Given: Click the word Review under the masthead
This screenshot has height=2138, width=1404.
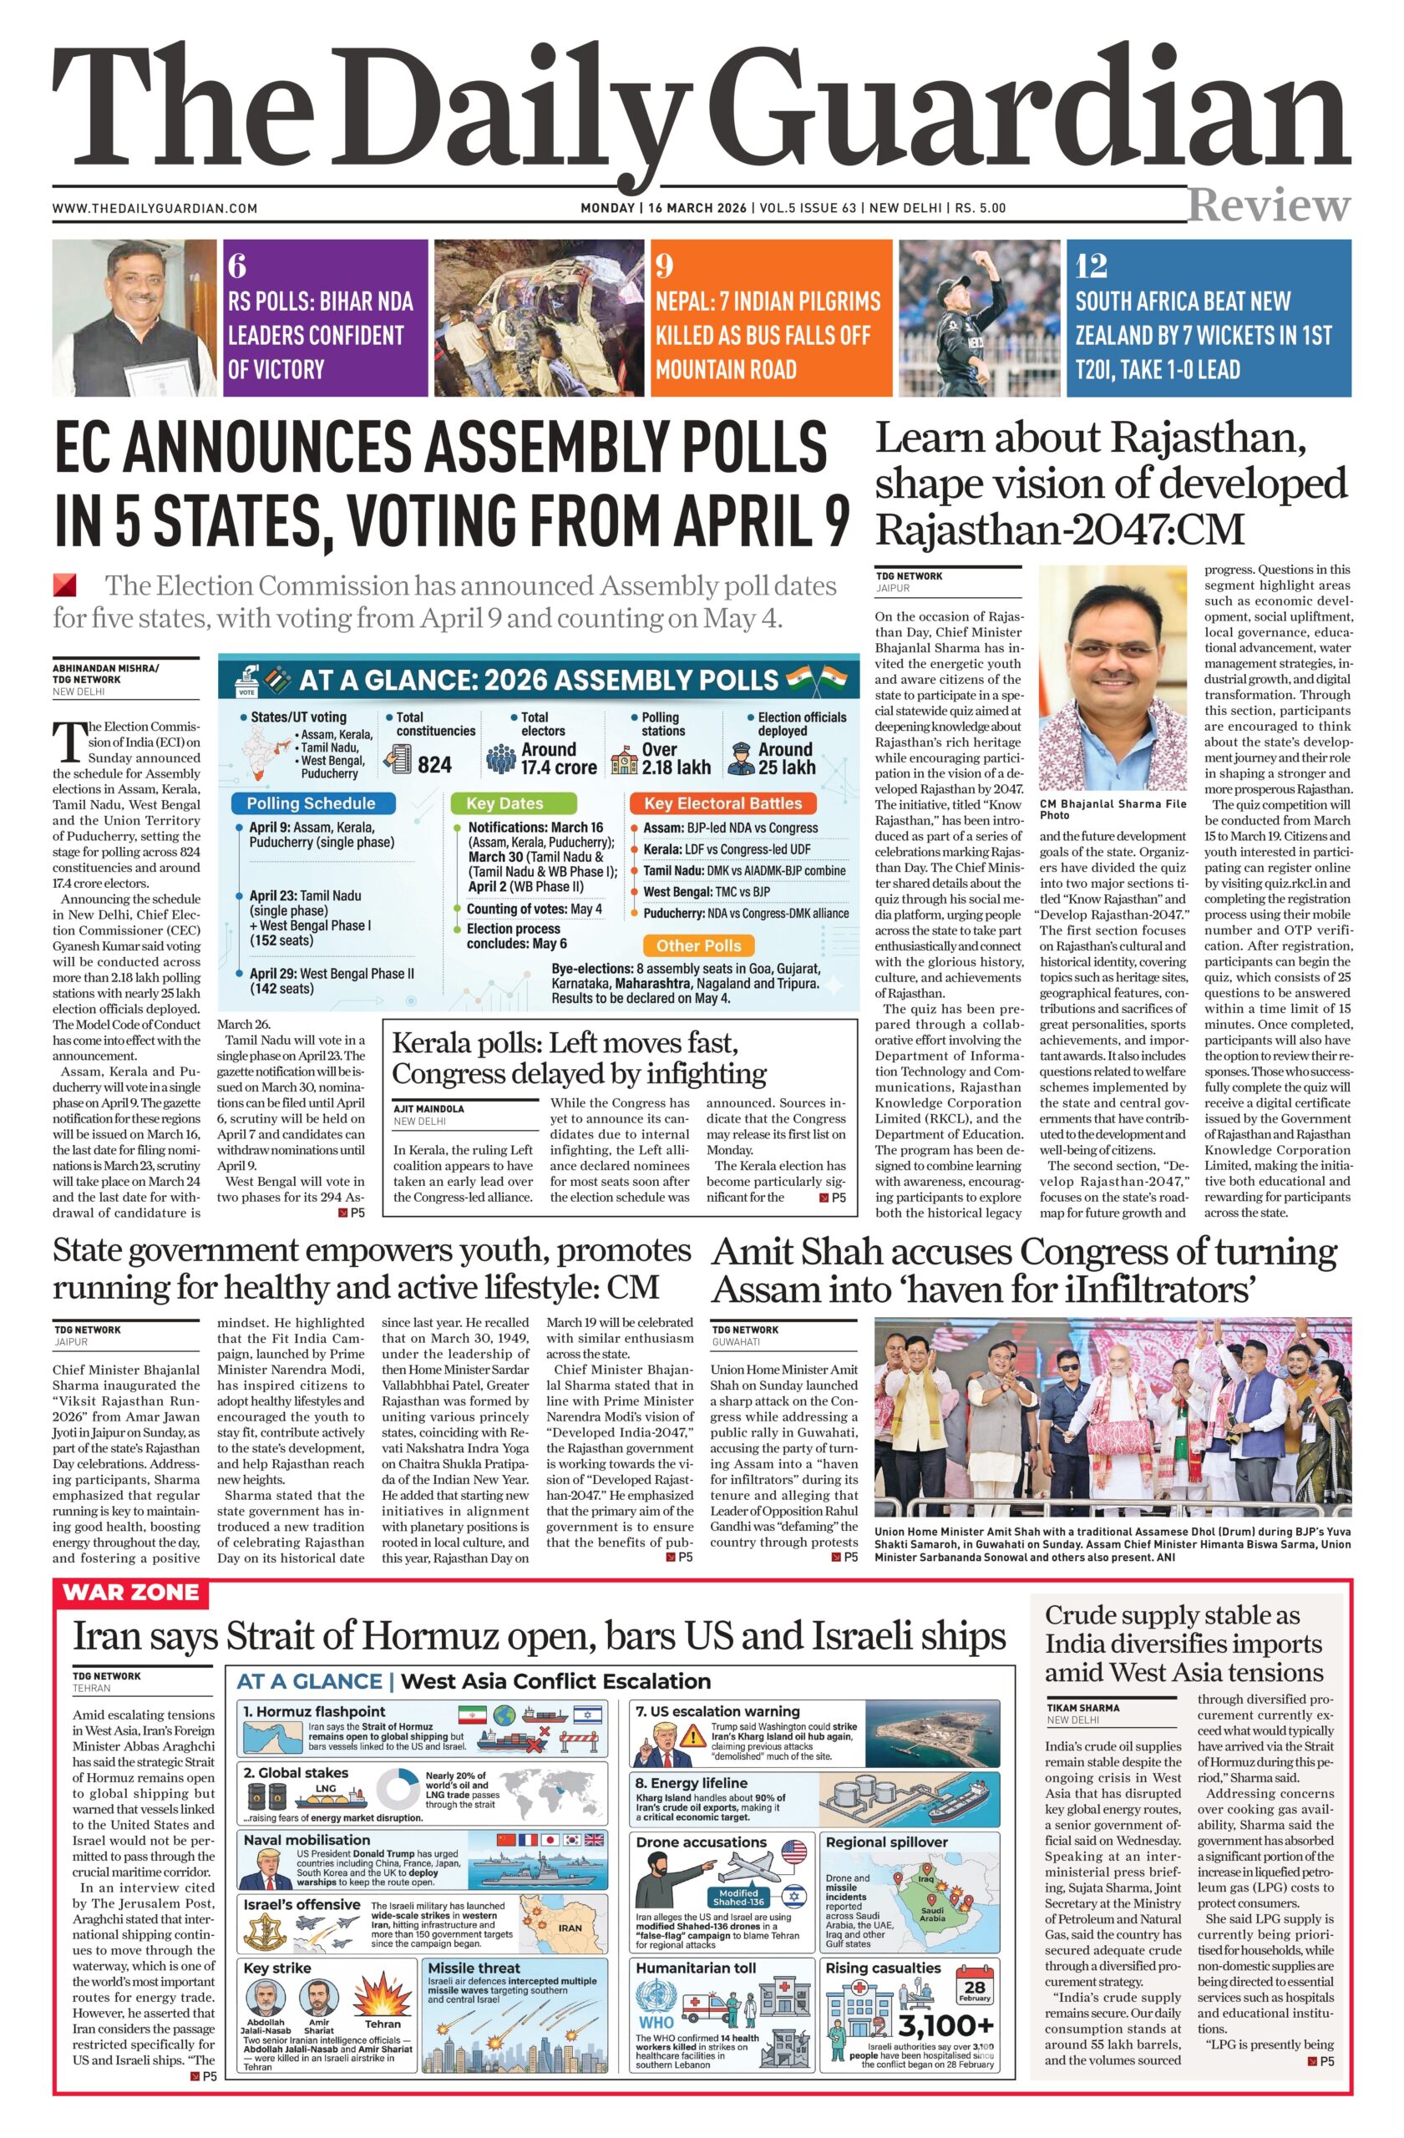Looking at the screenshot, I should [x=1268, y=205].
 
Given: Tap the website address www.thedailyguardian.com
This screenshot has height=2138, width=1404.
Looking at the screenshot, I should [x=155, y=209].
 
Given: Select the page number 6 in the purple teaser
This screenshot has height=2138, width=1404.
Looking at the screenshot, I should [x=236, y=266].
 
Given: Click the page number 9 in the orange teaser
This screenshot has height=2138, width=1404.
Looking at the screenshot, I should [x=664, y=266].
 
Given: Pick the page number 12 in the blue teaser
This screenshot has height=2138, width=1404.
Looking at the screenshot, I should [x=1092, y=266].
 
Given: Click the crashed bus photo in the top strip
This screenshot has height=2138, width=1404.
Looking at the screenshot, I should [x=539, y=317].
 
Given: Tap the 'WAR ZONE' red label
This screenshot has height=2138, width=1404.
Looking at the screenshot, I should [x=131, y=1593].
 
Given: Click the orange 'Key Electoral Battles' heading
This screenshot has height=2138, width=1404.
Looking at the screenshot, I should [x=722, y=803].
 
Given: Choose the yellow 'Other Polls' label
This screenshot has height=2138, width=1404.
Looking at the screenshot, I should [x=698, y=945].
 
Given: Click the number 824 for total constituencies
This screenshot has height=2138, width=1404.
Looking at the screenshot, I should [x=435, y=764].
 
